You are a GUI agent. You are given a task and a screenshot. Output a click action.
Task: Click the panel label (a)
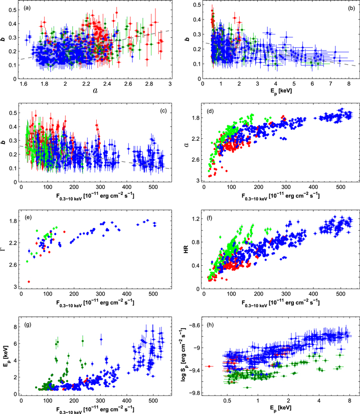point(27,8)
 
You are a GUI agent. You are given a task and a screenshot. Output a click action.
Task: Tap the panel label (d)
point(211,111)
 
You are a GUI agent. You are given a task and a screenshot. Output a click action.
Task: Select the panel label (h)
point(211,324)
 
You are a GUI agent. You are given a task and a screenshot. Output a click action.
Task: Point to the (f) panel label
point(211,219)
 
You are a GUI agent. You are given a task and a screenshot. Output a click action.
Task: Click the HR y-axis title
point(186,250)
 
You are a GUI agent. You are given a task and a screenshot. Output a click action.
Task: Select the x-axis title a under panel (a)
point(95,91)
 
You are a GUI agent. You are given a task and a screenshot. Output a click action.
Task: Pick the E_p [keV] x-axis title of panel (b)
point(281,91)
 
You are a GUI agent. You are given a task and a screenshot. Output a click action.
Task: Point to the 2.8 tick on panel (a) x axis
point(149,84)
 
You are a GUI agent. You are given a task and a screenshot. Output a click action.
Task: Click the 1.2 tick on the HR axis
point(195,219)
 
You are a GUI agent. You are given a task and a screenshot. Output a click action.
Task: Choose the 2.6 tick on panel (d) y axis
point(195,160)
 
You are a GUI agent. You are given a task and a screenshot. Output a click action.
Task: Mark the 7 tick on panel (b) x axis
point(331,84)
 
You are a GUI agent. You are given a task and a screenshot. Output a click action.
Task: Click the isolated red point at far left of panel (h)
point(210,366)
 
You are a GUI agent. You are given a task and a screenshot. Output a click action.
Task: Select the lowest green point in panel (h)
point(247,387)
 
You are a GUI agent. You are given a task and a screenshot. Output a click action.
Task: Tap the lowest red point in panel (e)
point(29,282)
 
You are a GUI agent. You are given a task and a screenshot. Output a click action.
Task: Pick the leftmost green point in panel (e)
point(27,262)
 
